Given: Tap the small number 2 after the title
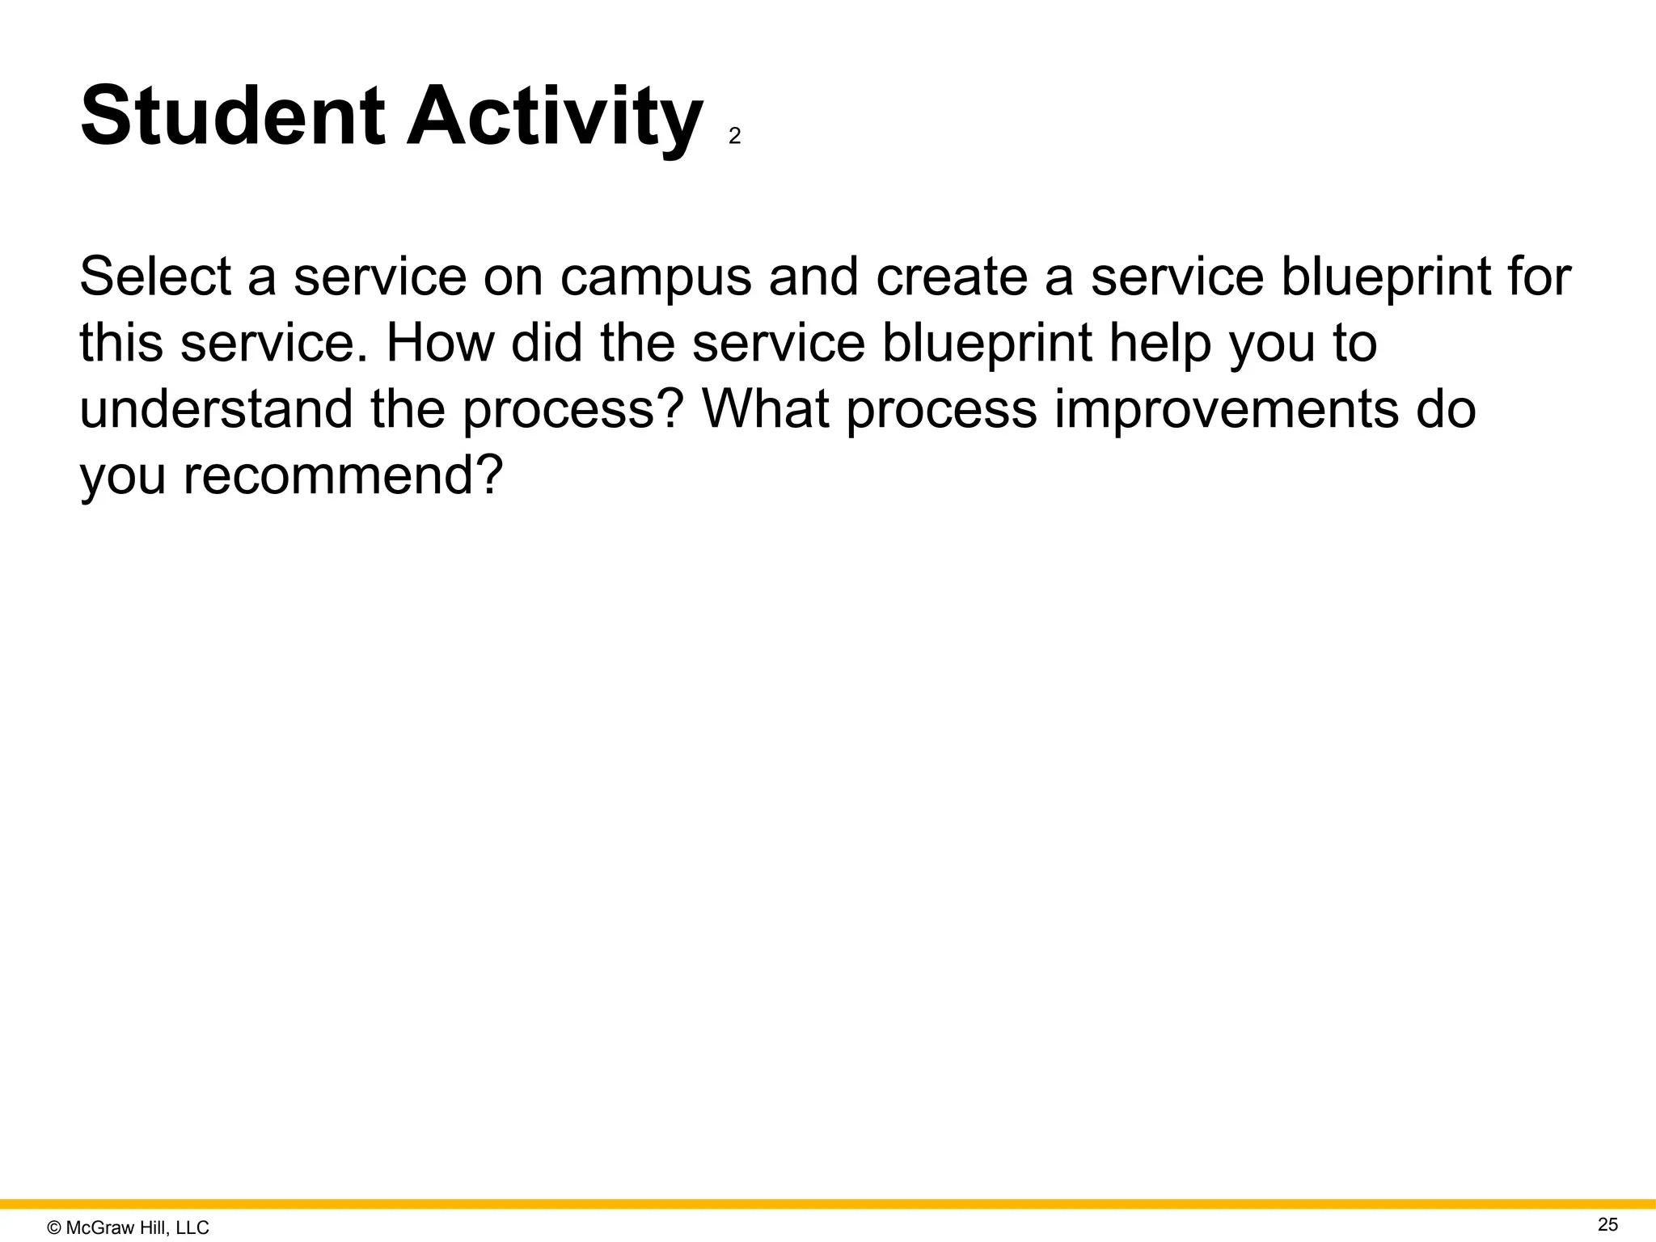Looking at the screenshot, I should [x=734, y=137].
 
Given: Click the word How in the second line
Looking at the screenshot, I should [x=440, y=343].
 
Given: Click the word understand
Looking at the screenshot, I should [x=216, y=409].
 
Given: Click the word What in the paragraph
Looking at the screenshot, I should [x=765, y=409].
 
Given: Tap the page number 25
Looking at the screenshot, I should [x=1608, y=1224].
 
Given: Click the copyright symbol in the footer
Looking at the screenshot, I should [x=54, y=1228].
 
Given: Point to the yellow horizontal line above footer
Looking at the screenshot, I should [x=828, y=1204].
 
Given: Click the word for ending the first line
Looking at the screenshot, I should [x=1540, y=277].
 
